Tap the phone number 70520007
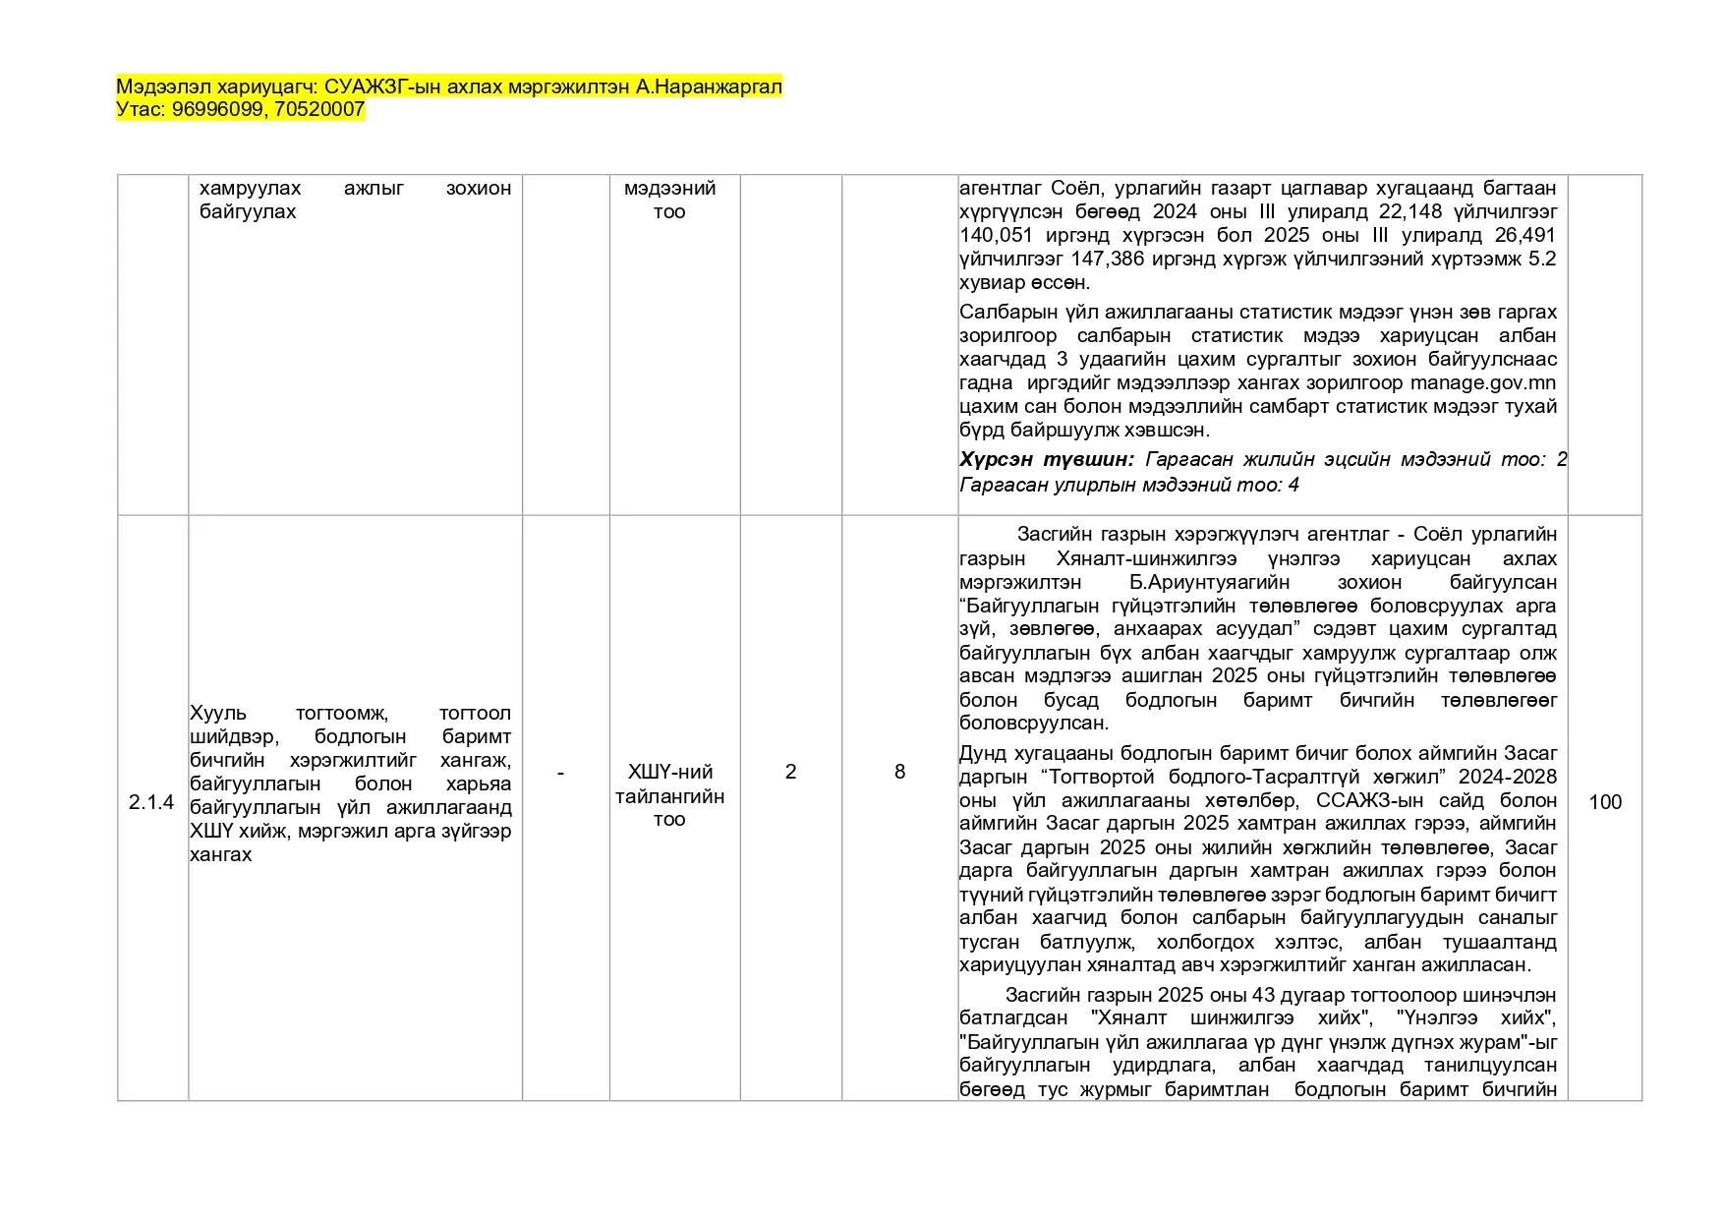click(x=319, y=109)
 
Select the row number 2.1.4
click(x=151, y=802)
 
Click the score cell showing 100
click(x=1604, y=802)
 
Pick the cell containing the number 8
click(x=899, y=772)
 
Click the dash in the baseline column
click(x=560, y=773)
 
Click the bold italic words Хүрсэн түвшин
click(x=1046, y=459)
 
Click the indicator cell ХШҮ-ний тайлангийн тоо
click(x=669, y=795)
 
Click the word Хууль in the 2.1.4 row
click(x=218, y=713)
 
